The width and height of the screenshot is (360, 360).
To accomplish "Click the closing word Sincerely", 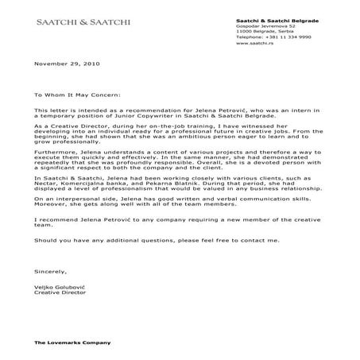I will click(x=49, y=269).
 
